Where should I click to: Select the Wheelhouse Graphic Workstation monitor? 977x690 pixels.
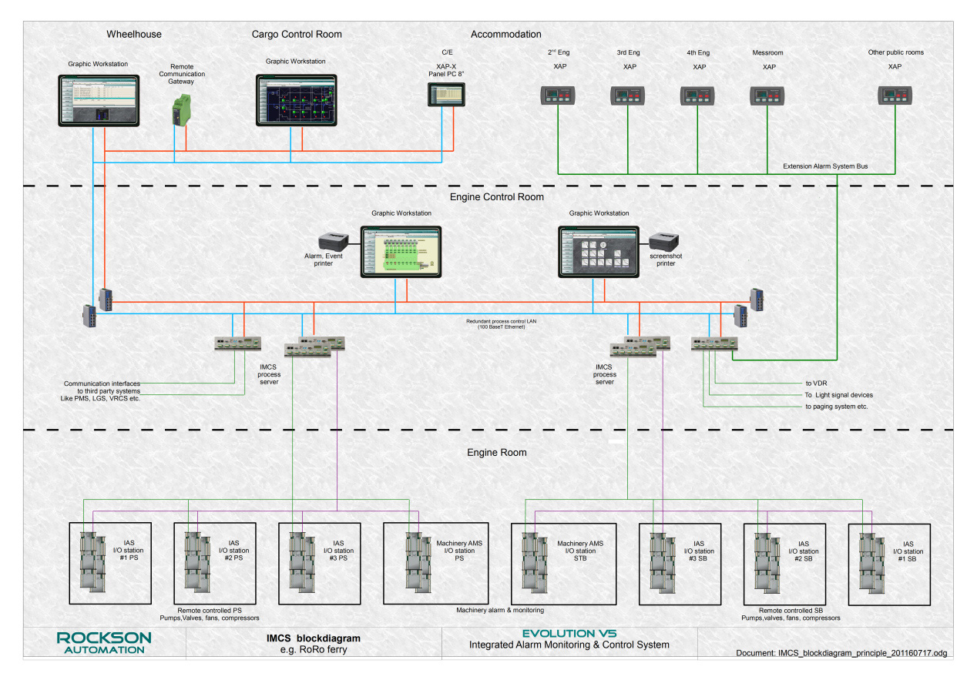coord(99,100)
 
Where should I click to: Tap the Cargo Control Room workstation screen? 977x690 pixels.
coord(297,100)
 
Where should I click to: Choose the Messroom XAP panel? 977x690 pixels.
coord(768,95)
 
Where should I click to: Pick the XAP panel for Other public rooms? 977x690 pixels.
coord(895,95)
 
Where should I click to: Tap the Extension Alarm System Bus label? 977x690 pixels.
coord(824,166)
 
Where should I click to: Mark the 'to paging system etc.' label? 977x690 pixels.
coord(837,407)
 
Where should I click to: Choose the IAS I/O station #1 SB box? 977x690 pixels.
coord(889,564)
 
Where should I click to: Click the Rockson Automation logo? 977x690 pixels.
coord(104,643)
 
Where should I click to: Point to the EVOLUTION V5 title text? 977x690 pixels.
coord(569,633)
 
